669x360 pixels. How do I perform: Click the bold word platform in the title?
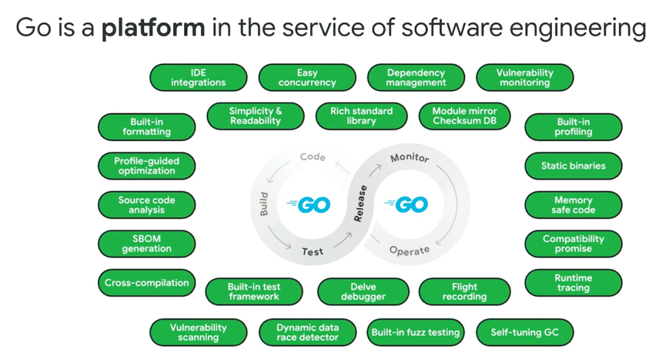point(153,28)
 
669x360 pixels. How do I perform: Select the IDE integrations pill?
point(198,78)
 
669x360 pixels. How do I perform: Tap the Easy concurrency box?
point(307,78)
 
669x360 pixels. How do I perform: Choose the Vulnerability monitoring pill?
point(525,78)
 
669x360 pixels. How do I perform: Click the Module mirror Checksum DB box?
point(465,116)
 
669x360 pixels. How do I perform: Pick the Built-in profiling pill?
point(573,127)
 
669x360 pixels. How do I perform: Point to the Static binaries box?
point(573,166)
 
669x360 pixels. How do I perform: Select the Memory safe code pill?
point(573,205)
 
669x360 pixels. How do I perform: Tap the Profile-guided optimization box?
point(147,166)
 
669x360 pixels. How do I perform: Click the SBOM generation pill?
point(147,244)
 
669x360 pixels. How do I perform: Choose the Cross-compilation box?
point(147,283)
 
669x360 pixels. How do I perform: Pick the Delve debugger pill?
point(363,292)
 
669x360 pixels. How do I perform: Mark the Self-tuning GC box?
point(525,333)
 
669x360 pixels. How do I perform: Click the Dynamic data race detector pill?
point(307,333)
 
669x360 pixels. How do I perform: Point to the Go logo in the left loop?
point(308,204)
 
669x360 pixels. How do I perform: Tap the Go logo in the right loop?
point(406,204)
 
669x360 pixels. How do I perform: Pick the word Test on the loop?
point(313,252)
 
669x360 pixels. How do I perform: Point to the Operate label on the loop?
point(409,250)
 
